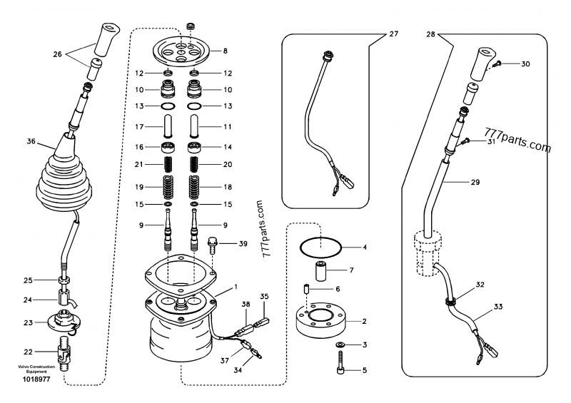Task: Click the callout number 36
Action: pos(31,141)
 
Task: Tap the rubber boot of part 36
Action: pos(66,182)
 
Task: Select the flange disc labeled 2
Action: pos(321,321)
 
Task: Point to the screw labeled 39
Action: pos(212,245)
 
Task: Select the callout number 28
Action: pos(430,34)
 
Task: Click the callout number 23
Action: pos(29,322)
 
